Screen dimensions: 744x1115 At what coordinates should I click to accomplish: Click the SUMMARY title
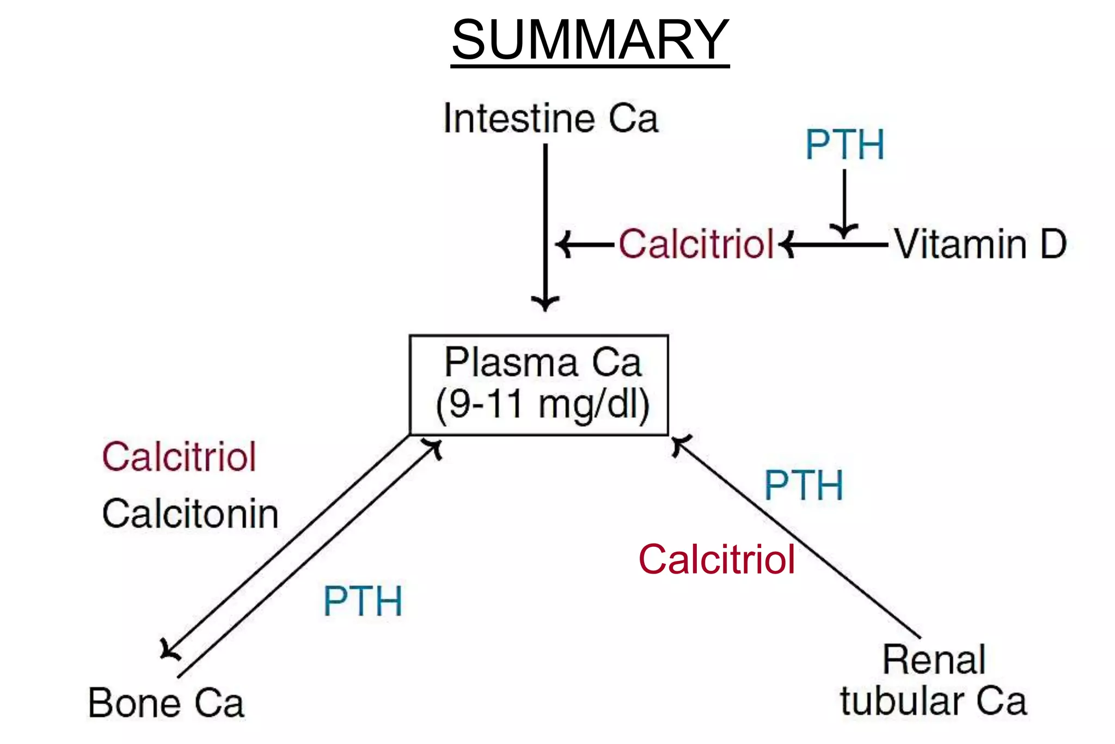point(590,40)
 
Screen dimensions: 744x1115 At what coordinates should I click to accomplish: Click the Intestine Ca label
point(550,118)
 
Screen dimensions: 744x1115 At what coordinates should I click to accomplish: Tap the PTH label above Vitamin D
point(844,145)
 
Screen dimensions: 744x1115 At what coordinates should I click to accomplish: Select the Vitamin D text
point(980,244)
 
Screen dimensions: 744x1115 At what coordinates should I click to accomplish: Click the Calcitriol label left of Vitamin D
point(696,243)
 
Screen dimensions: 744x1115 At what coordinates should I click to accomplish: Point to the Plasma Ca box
point(538,385)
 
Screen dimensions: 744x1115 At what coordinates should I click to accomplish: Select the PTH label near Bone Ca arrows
point(363,601)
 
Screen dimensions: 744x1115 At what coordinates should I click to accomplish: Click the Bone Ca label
point(166,703)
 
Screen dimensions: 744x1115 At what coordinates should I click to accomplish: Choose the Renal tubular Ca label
point(933,680)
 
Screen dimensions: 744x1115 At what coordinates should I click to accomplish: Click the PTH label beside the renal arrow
point(804,485)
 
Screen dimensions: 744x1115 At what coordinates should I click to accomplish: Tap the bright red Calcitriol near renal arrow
point(716,559)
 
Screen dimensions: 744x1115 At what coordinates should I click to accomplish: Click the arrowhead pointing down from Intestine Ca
point(545,303)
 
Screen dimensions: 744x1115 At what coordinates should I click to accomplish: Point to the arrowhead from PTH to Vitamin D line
point(844,231)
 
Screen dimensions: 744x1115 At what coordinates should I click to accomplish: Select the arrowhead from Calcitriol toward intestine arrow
point(564,245)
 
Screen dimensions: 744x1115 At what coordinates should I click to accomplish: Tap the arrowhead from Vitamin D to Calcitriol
point(787,245)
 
